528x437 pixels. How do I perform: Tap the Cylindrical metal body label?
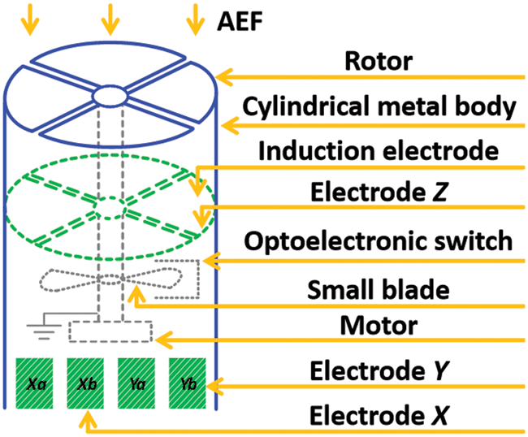pyautogui.click(x=378, y=106)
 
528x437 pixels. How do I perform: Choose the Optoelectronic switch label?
pyautogui.click(x=379, y=241)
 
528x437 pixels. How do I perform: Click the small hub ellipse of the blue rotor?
pyautogui.click(x=110, y=96)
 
